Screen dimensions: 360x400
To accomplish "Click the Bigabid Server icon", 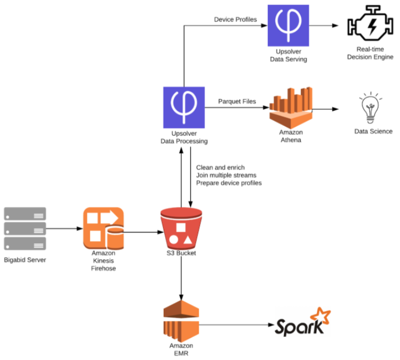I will [x=25, y=229].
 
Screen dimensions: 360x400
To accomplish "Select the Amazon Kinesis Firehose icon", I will [x=103, y=228].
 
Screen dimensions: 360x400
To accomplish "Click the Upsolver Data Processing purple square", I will [x=184, y=108].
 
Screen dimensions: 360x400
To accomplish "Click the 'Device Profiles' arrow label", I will [x=235, y=20].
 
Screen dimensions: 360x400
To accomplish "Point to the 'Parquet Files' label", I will [x=237, y=101].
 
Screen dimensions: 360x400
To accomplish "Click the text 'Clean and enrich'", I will [x=220, y=167].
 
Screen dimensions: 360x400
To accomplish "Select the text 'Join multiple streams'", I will [x=227, y=175].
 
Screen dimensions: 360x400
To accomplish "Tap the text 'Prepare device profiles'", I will [x=229, y=183].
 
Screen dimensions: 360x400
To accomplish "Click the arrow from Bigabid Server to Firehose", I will [x=64, y=229].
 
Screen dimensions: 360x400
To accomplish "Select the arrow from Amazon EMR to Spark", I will [x=236, y=325].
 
